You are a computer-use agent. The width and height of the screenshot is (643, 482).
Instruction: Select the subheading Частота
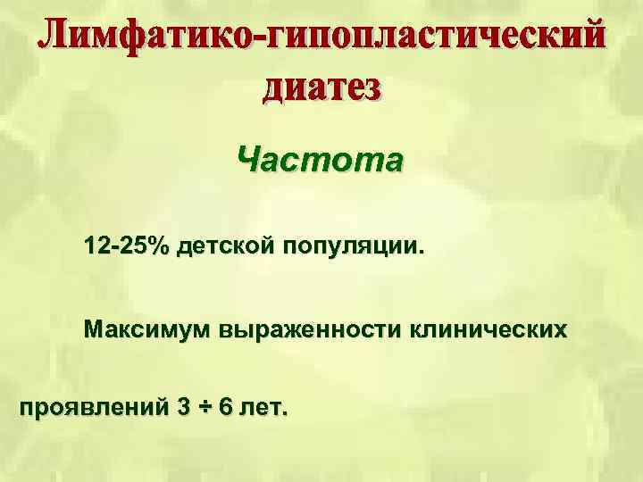[x=321, y=161]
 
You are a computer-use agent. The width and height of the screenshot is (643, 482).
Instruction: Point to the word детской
[x=225, y=245]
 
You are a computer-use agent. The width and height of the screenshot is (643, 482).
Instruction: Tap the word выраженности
[x=310, y=330]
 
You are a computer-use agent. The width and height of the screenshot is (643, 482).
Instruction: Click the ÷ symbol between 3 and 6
[x=205, y=408]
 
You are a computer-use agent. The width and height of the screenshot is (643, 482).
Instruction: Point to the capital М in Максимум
[x=94, y=329]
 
